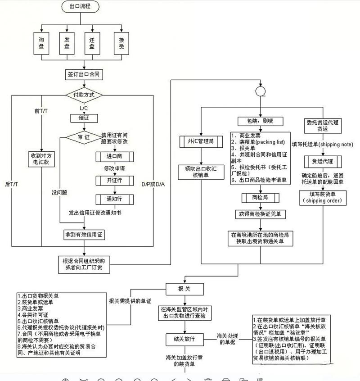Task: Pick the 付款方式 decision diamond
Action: click(x=84, y=95)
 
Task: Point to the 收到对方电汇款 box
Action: click(x=41, y=160)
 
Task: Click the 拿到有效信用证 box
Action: click(x=84, y=235)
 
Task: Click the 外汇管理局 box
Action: click(x=200, y=141)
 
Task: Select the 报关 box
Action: click(x=185, y=288)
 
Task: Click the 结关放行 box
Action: click(x=184, y=338)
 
